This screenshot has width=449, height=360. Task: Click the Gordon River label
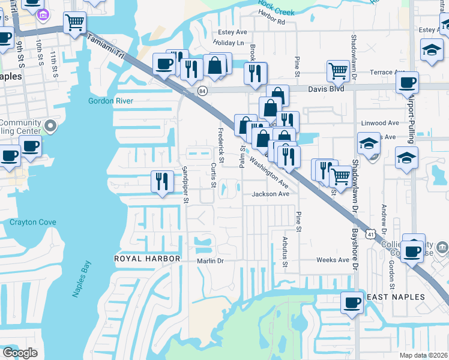[x=110, y=101]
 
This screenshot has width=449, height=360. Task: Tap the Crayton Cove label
[x=33, y=222]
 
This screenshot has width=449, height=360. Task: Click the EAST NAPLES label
[x=396, y=297]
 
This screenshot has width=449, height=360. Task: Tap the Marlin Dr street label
[x=210, y=261]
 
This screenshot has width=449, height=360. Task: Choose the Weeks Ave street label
[x=333, y=260]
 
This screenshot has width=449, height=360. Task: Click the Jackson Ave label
[x=271, y=194]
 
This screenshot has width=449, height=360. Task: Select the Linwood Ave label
[x=380, y=123]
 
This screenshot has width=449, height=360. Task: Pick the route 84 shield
[x=203, y=91]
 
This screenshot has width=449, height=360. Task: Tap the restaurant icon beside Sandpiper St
[x=161, y=182]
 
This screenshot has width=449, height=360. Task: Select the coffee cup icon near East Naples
[x=352, y=302]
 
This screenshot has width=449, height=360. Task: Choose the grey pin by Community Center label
[x=50, y=127]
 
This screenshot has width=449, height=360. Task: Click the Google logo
[x=20, y=353]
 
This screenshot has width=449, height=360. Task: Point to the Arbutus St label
[x=285, y=252]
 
